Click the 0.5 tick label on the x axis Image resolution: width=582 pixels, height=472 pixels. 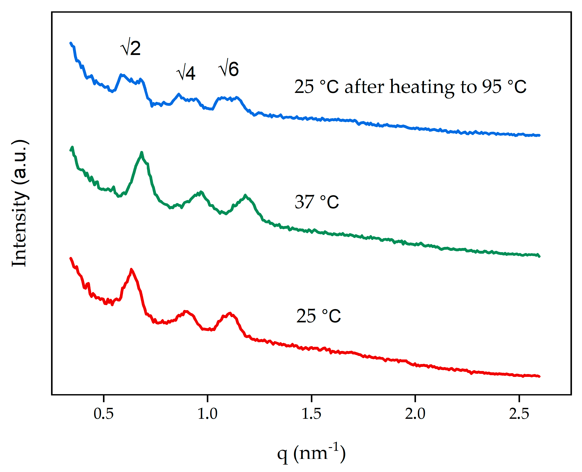(103, 414)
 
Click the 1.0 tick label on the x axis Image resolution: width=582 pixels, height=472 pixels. (207, 414)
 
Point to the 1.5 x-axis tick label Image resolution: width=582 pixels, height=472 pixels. (312, 414)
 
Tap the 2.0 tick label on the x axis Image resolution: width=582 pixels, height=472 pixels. (415, 414)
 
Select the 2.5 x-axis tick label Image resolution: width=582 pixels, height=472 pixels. (519, 414)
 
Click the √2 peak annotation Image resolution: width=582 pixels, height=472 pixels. (130, 48)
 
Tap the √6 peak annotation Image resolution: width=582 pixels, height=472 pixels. (228, 68)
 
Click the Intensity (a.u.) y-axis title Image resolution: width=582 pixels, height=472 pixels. (20, 203)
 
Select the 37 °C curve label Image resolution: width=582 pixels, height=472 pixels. (317, 202)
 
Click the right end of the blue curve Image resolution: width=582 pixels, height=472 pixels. (539, 135)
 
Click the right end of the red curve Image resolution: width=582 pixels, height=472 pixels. (539, 376)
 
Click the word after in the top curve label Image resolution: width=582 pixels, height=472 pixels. (365, 87)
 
